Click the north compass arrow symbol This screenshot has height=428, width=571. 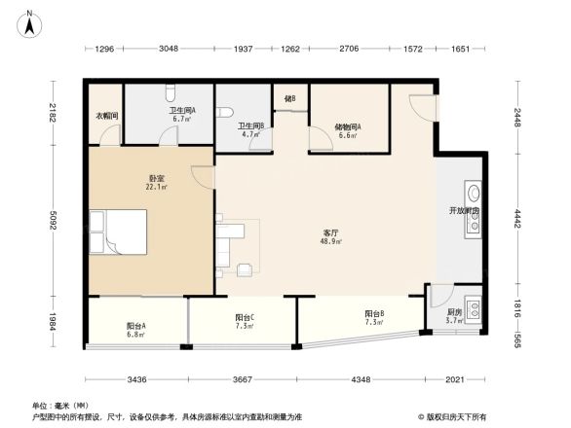(x=30, y=21)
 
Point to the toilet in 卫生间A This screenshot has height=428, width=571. (x=171, y=93)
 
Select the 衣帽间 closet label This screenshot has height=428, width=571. (x=106, y=116)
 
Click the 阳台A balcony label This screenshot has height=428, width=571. (x=135, y=328)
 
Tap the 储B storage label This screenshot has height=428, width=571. (x=289, y=98)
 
